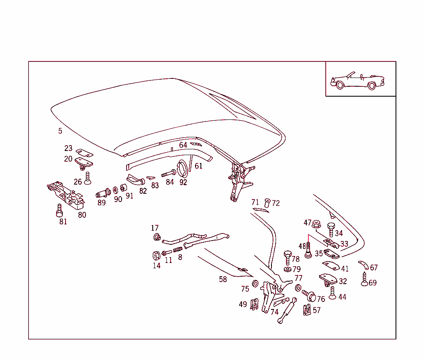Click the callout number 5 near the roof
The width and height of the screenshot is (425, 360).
pos(60,131)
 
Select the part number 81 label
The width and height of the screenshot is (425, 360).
pos(63,221)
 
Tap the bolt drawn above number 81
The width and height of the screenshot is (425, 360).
pos(59,211)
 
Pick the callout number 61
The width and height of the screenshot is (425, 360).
pos(199,166)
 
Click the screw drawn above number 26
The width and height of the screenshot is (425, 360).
pos(87,178)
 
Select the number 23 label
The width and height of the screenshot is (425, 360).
pos(68,148)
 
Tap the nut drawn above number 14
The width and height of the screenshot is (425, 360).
pos(156,255)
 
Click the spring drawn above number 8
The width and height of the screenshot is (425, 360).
pos(178,250)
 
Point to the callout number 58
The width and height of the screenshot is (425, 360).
pos(223,279)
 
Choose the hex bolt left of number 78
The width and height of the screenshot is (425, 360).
pos(287,257)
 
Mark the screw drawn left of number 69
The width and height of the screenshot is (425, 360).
pos(365,280)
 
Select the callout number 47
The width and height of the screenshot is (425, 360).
pos(307,223)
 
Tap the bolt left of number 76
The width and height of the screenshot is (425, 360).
pos(310,296)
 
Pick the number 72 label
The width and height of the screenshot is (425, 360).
pos(276,203)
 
